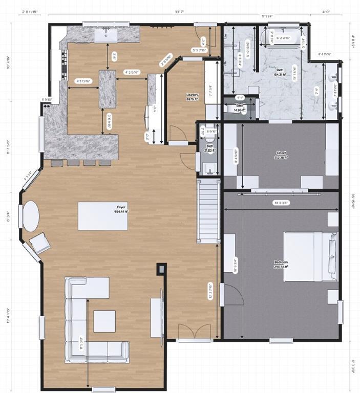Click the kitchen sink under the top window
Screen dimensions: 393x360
click(109, 34)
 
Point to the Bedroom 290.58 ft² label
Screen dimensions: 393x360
click(281, 264)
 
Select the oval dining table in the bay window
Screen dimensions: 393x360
click(31, 215)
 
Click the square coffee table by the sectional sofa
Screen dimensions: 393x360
click(104, 321)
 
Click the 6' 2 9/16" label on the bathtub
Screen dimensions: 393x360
click(283, 38)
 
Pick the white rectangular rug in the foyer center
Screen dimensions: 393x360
click(102, 216)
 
